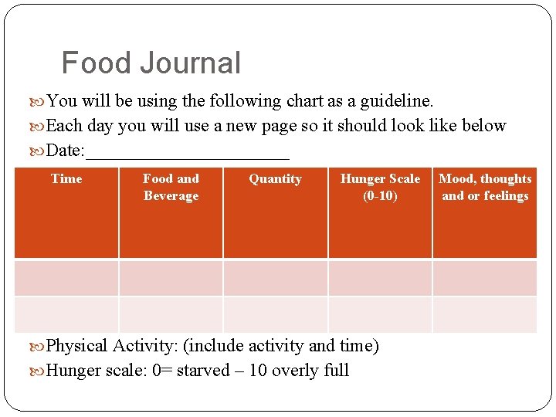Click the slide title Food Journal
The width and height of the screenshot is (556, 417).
[x=151, y=63]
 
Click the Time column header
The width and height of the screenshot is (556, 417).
[x=66, y=179]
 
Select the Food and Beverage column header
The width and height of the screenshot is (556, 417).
[x=171, y=187]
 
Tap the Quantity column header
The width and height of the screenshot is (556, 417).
[x=275, y=179]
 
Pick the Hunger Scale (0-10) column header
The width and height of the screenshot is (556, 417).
[x=380, y=187]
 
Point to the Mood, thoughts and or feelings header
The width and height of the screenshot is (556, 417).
[x=485, y=187]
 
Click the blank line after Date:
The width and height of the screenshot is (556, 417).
[x=188, y=151]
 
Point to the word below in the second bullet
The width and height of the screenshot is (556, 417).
[x=485, y=126]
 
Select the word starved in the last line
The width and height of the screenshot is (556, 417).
[x=203, y=371]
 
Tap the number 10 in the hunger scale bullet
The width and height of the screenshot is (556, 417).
[x=258, y=371]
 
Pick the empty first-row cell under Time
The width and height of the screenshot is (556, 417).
[x=66, y=278]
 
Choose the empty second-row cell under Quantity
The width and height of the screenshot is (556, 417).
[x=275, y=315]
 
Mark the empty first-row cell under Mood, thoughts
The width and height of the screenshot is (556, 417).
[x=485, y=278]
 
